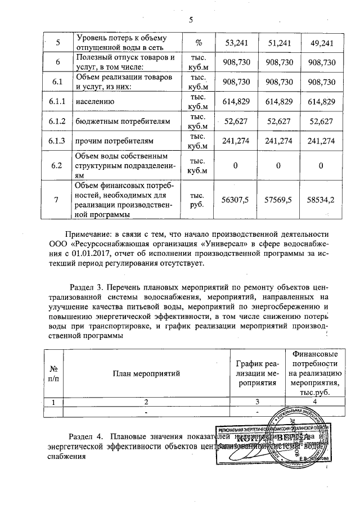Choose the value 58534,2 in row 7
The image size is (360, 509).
click(322, 199)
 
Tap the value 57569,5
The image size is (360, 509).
click(280, 199)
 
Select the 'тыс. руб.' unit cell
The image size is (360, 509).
click(199, 199)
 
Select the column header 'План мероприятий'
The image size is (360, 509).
click(146, 373)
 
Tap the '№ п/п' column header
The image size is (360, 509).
click(54, 373)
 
